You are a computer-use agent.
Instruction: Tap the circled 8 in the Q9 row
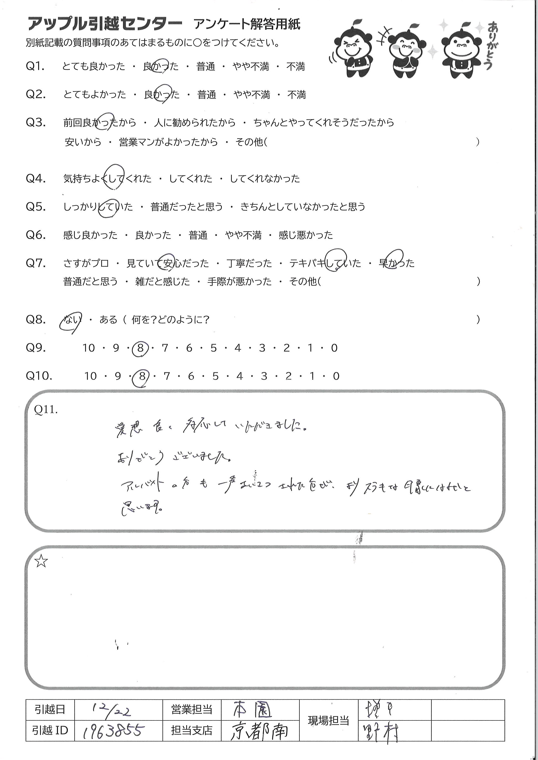[141, 348]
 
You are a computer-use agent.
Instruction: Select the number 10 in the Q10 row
[90, 376]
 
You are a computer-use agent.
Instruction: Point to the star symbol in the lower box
[41, 561]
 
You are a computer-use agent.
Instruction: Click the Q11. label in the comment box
[46, 410]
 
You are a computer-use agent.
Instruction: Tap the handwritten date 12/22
[111, 710]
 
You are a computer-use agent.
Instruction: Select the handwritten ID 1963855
[113, 731]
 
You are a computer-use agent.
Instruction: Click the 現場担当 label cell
[328, 721]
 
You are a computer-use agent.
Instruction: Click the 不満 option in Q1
[295, 67]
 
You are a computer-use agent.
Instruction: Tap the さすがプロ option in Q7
[86, 264]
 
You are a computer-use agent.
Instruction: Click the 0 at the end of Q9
[334, 348]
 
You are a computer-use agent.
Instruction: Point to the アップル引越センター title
[105, 24]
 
